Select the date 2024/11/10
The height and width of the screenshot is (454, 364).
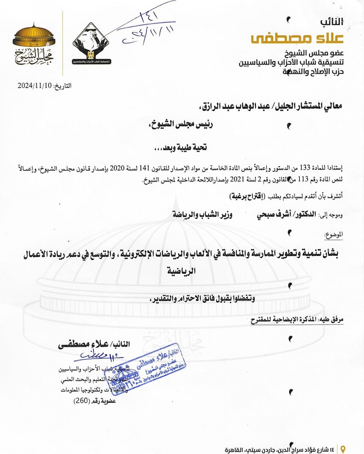34,86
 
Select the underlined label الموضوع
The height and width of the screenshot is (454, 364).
333,234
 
